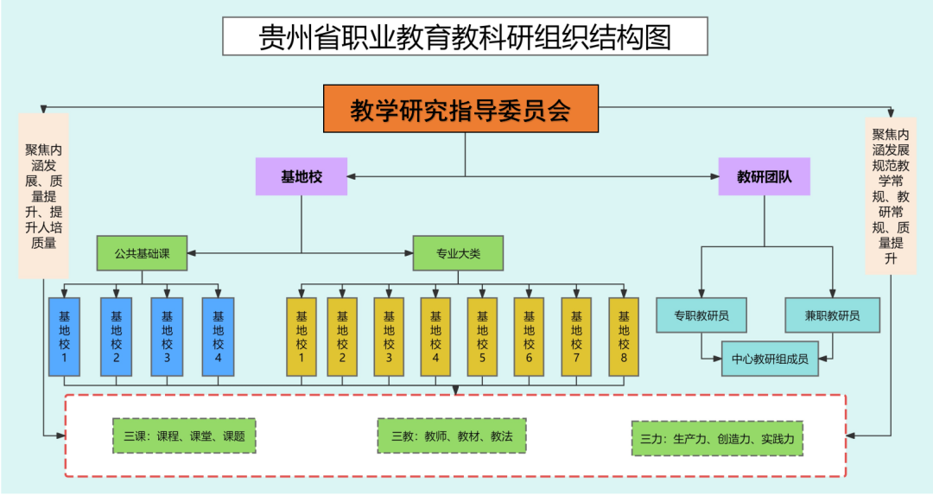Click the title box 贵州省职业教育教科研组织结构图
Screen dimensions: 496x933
point(466,37)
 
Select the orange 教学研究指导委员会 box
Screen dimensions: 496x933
point(460,109)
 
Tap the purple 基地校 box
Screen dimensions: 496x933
point(301,176)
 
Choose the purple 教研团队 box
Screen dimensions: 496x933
point(765,176)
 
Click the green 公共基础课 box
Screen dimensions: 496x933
point(143,254)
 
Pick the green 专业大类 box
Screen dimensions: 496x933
point(458,254)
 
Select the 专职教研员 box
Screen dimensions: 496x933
point(701,315)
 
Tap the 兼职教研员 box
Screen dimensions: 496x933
point(833,315)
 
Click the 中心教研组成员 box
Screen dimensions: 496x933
point(770,359)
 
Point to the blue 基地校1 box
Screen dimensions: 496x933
point(65,337)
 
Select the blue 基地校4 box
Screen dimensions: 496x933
point(218,337)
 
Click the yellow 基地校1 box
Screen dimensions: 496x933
point(301,337)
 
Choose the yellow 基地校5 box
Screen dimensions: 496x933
point(482,337)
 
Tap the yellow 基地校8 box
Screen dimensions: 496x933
point(624,337)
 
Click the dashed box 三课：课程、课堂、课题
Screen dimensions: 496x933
point(184,436)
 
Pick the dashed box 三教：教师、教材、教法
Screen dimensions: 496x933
point(452,436)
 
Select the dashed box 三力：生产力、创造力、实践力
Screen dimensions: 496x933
point(717,439)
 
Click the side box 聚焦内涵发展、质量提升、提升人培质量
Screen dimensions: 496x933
point(43,196)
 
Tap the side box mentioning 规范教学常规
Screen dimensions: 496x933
point(891,196)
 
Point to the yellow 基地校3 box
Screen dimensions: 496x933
point(389,337)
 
